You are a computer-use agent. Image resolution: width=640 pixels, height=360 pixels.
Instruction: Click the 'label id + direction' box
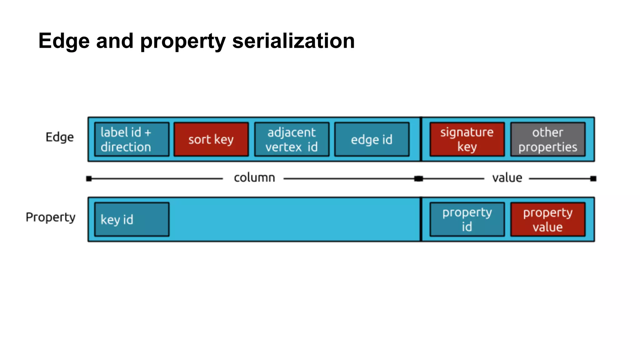coord(132,139)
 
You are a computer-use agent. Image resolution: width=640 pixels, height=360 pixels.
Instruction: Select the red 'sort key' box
coord(211,139)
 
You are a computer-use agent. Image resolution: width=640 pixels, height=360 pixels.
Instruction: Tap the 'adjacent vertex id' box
coord(292,139)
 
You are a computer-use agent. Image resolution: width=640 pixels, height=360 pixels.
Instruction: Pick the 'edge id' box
coord(372,139)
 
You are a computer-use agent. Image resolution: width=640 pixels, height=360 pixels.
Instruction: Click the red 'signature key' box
coord(467,139)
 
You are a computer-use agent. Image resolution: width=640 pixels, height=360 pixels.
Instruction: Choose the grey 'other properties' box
coord(547,139)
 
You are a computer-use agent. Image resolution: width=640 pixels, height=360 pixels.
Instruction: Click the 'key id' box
coord(132,219)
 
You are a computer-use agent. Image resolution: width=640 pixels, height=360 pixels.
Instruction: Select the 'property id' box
coord(467,219)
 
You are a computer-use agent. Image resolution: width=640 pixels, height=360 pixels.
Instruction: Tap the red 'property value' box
coord(547,219)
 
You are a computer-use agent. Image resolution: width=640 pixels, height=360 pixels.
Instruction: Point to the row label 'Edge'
coord(60,137)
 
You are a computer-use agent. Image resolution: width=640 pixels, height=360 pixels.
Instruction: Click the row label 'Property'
coord(51,217)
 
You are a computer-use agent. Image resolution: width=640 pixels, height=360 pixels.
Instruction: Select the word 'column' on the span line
coord(254,178)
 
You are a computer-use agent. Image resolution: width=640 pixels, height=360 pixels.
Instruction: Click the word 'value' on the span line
coord(507,178)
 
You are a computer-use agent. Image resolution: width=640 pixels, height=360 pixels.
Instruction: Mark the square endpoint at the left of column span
coord(89,179)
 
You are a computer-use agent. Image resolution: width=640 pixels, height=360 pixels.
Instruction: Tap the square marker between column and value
coord(418,179)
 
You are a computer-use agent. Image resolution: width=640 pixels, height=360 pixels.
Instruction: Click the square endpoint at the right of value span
coord(593,179)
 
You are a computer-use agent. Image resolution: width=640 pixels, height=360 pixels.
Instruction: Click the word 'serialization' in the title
coord(293,41)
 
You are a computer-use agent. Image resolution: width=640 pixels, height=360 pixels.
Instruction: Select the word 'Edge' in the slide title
coord(64,42)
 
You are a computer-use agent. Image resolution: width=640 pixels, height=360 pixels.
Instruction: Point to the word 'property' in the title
coord(183,42)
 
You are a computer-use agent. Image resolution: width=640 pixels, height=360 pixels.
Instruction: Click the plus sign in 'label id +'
coord(148,133)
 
